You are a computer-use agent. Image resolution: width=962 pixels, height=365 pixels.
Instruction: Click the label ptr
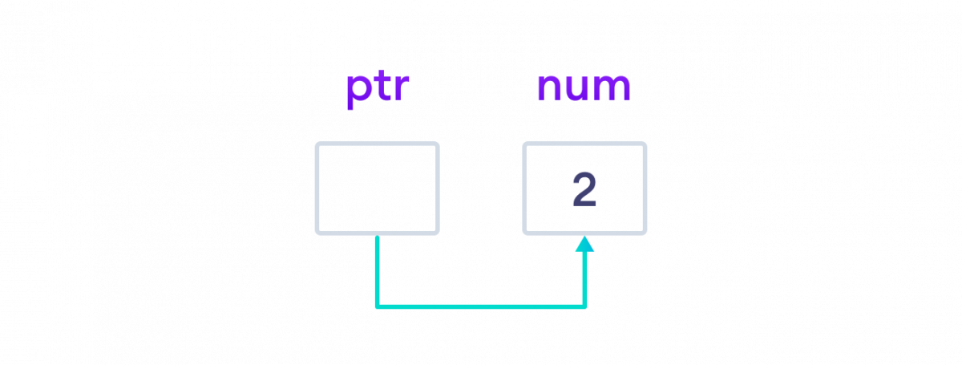pyautogui.click(x=378, y=88)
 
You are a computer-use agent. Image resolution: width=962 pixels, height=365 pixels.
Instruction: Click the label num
pyautogui.click(x=584, y=87)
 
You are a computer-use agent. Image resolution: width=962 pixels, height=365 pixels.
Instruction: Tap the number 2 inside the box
pyautogui.click(x=584, y=191)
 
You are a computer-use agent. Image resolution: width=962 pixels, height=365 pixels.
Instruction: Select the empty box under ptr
pyautogui.click(x=377, y=189)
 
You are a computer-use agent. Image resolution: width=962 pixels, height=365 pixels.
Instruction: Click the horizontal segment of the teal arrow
pyautogui.click(x=481, y=306)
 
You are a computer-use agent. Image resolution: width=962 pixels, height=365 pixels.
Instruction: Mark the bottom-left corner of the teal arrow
pyautogui.click(x=377, y=306)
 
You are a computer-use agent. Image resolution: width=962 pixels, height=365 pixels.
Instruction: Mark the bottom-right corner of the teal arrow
pyautogui.click(x=585, y=306)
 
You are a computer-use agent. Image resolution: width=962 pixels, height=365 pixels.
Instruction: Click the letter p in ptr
pyautogui.click(x=358, y=90)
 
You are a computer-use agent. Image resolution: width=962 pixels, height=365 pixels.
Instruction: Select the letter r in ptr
pyautogui.click(x=401, y=89)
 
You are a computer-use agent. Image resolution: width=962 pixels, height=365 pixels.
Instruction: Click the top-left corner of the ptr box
pyautogui.click(x=317, y=144)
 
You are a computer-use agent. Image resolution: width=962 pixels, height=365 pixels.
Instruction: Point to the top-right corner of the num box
pyautogui.click(x=645, y=144)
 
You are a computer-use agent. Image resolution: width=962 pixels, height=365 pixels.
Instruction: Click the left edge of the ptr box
pyautogui.click(x=317, y=189)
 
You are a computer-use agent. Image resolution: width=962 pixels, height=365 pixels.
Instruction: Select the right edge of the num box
pyautogui.click(x=645, y=189)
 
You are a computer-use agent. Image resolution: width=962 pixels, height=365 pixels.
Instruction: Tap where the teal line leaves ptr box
pyautogui.click(x=377, y=235)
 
